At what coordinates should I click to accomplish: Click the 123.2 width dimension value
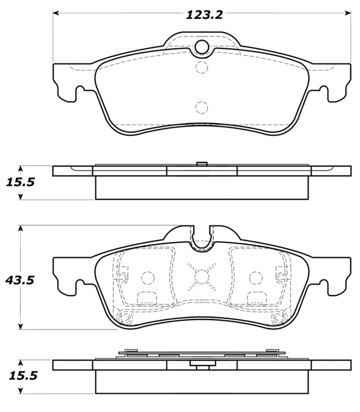204,15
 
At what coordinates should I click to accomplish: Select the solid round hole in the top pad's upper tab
202,48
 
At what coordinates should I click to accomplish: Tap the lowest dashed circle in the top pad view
202,107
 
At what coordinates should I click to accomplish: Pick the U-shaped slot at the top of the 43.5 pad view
202,238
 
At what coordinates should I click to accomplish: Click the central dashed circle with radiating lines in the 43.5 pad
202,275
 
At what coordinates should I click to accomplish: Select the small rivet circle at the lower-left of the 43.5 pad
124,318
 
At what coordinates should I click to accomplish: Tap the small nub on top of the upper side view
202,163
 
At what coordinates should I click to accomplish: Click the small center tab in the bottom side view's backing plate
202,364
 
